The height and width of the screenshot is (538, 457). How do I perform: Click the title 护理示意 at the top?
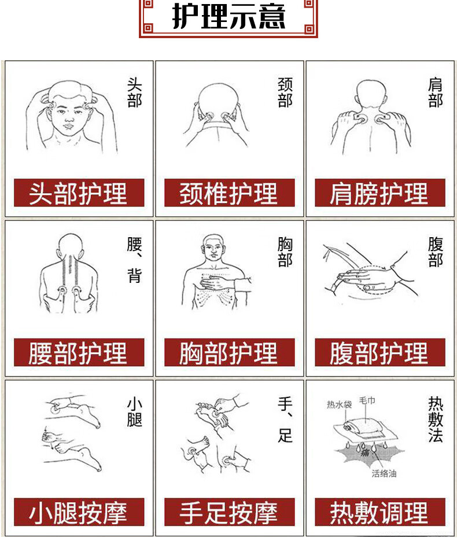point(228,16)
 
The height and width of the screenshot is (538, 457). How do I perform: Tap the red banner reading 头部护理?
point(79,193)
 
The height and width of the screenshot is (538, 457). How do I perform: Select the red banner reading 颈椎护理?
point(229,193)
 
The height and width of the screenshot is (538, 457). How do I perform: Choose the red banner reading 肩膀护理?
point(380,193)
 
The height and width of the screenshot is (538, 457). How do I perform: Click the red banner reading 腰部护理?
point(79,352)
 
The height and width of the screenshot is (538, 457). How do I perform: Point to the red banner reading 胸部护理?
point(229,352)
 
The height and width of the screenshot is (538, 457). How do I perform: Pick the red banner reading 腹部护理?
point(380,352)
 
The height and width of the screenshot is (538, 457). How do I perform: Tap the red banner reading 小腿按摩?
point(79,512)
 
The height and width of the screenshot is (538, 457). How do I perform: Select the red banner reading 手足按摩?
point(229,512)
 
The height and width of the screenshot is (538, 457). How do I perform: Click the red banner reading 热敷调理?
point(380,512)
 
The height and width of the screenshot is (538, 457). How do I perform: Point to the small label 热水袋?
point(340,404)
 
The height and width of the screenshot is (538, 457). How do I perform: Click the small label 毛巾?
point(367,400)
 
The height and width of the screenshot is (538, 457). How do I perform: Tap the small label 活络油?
point(384,473)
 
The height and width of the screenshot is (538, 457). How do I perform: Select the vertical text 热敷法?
point(436,419)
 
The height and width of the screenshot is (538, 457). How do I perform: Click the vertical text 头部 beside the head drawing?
point(134,92)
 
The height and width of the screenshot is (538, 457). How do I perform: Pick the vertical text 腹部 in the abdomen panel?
point(436,252)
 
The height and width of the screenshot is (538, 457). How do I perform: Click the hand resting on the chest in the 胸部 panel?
point(215,283)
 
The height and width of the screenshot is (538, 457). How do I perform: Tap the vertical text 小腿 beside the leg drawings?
point(134,412)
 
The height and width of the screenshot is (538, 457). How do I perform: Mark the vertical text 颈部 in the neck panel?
point(285,92)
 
